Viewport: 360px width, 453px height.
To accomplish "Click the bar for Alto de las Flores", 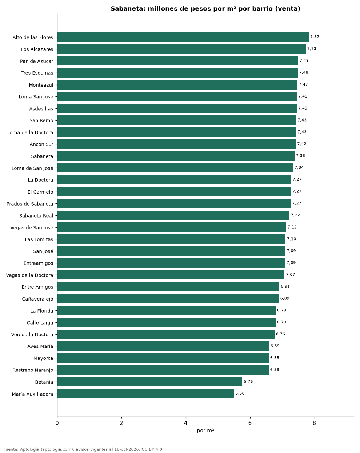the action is pos(183,37).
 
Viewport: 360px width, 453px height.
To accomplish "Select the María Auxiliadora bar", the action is pos(145,394).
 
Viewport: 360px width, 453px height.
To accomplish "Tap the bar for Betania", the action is pos(149,382).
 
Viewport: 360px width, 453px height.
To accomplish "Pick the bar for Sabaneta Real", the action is pos(173,215).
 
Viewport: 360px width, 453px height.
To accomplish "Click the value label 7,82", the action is pos(315,37).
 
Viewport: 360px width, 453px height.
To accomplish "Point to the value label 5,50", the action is pos(240,393).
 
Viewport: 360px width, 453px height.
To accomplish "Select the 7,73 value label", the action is pos(312,49).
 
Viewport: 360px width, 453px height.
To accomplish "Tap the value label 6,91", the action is pos(285,286).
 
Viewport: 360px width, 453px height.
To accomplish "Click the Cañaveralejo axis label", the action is pos(37,299).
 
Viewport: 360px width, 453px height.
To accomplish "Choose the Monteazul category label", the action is pos(41,85).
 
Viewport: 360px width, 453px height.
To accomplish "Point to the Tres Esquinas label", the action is pos(37,73).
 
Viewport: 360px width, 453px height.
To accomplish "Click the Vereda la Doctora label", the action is pos(32,334).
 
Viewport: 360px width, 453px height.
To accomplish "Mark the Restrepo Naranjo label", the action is pos(33,370).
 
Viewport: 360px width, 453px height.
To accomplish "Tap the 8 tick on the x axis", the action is pos(314,423).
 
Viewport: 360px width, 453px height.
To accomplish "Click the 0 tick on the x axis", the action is pos(57,423).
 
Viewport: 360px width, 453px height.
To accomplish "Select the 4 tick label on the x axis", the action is pos(185,423).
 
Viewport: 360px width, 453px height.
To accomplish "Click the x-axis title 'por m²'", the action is pos(205,431).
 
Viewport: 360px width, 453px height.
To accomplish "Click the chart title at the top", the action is pos(205,9).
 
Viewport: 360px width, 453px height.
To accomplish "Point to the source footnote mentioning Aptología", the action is pos(83,449).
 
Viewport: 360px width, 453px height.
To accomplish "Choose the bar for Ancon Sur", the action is pos(176,144).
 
